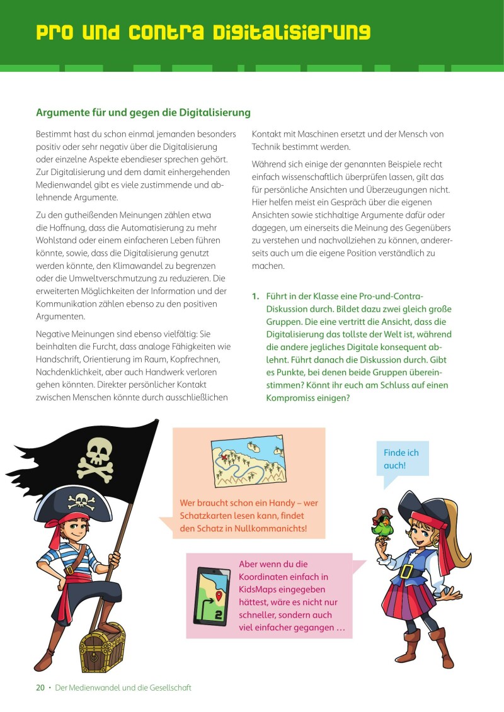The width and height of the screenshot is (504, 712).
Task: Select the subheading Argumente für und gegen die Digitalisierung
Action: point(143,113)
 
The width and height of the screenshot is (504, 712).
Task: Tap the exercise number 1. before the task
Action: point(255,296)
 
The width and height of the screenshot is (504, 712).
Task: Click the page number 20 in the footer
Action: point(40,687)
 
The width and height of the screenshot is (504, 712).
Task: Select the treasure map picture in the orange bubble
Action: point(248,463)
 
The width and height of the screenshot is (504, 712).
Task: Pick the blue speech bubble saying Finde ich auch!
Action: point(401,460)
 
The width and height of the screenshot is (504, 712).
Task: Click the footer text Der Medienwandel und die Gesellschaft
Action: point(123,687)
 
